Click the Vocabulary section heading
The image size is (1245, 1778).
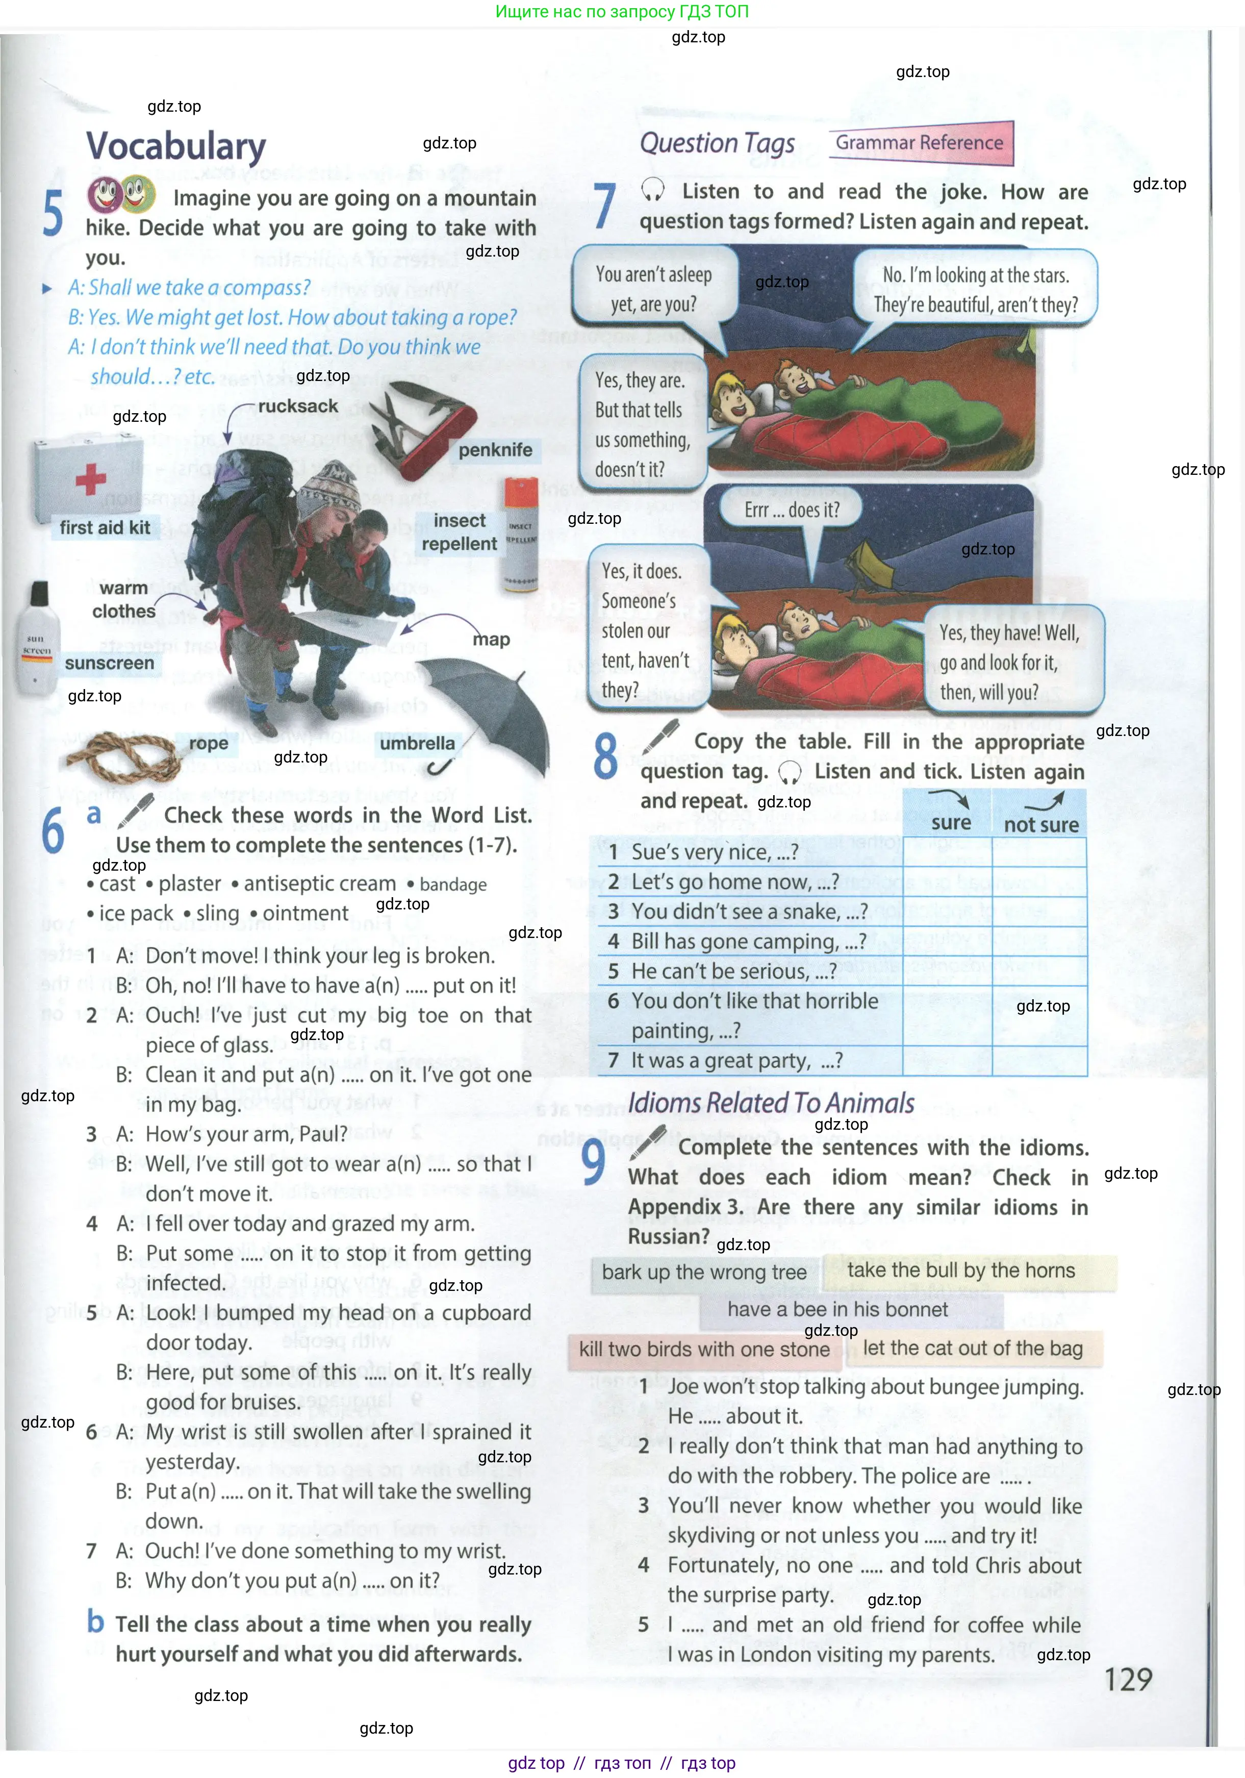point(176,146)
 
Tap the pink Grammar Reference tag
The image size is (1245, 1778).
point(920,142)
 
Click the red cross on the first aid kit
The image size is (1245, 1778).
point(91,479)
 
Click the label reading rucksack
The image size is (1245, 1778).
point(298,407)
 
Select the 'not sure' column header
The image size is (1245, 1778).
point(1040,825)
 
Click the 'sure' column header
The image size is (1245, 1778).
point(951,822)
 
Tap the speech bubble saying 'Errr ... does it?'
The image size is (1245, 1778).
point(791,511)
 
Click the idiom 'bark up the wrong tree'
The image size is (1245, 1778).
point(704,1273)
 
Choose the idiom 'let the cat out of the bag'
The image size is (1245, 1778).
point(973,1348)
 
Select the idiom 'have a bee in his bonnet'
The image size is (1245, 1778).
point(838,1309)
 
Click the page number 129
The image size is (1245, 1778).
point(1128,1679)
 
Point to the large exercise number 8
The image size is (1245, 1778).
point(605,756)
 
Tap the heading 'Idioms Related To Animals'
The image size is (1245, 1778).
point(771,1103)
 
